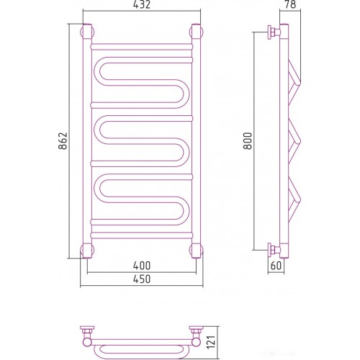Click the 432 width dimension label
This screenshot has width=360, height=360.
[x=142, y=5]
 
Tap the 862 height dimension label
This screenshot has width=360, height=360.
[x=63, y=141]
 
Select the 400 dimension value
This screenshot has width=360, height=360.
[x=142, y=266]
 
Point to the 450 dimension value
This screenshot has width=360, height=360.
[x=142, y=279]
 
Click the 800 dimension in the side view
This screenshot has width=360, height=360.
[x=248, y=141]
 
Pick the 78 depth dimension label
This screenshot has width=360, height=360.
[x=290, y=4]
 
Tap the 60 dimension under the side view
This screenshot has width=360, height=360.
[x=276, y=266]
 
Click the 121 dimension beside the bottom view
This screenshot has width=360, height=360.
[x=211, y=341]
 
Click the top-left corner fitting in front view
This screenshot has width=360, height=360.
[x=87, y=32]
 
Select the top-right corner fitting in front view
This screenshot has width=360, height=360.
[x=197, y=32]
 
